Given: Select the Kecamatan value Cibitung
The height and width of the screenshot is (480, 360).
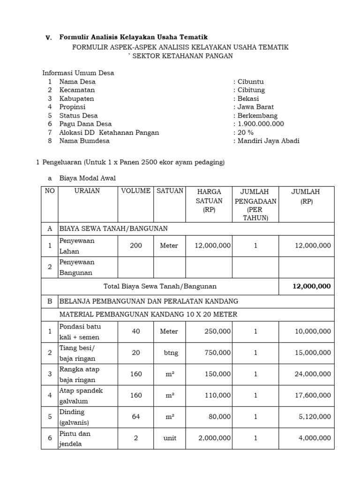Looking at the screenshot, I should [x=251, y=90].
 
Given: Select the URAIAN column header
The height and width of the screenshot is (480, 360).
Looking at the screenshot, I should [x=87, y=191].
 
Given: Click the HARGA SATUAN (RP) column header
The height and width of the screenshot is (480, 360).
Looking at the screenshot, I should [x=209, y=201].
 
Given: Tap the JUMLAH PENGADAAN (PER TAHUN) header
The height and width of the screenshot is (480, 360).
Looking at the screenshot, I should [x=255, y=205].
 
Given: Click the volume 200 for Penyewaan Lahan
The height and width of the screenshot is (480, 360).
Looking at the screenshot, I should [x=136, y=246].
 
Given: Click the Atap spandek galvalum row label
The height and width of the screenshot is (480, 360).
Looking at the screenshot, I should [x=81, y=395].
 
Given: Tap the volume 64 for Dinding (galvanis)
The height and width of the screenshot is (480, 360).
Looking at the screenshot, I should [x=136, y=417].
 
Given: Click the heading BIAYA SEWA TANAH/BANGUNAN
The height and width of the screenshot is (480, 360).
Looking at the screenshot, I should [x=113, y=228].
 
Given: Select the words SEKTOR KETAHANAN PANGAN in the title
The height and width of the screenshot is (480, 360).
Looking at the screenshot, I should [x=182, y=56].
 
